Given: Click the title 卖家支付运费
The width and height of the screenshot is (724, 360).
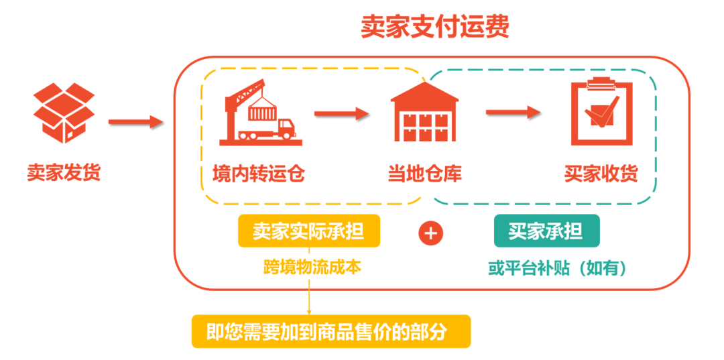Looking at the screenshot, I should (x=434, y=26).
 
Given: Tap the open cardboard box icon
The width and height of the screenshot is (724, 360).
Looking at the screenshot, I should (x=64, y=112).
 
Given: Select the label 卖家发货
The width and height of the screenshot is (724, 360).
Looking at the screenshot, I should (x=64, y=172).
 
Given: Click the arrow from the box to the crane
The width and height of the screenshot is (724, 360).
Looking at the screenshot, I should (x=135, y=122).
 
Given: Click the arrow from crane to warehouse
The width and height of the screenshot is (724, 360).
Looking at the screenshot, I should (x=342, y=113).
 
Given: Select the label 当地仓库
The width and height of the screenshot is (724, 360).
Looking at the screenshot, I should (x=424, y=174).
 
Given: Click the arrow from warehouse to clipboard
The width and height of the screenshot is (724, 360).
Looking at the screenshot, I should (x=513, y=112).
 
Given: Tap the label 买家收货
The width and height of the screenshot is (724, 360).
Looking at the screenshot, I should (x=601, y=174).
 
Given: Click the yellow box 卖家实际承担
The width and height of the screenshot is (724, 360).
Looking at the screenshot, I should (x=308, y=232).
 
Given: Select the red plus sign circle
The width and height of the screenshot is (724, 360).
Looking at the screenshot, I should (x=431, y=233).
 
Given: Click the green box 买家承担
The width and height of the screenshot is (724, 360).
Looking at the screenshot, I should (x=546, y=231).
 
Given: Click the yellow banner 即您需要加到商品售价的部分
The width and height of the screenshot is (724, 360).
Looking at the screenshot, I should (x=331, y=332).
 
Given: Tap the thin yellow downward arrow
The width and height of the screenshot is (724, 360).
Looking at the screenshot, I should (x=309, y=296).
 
